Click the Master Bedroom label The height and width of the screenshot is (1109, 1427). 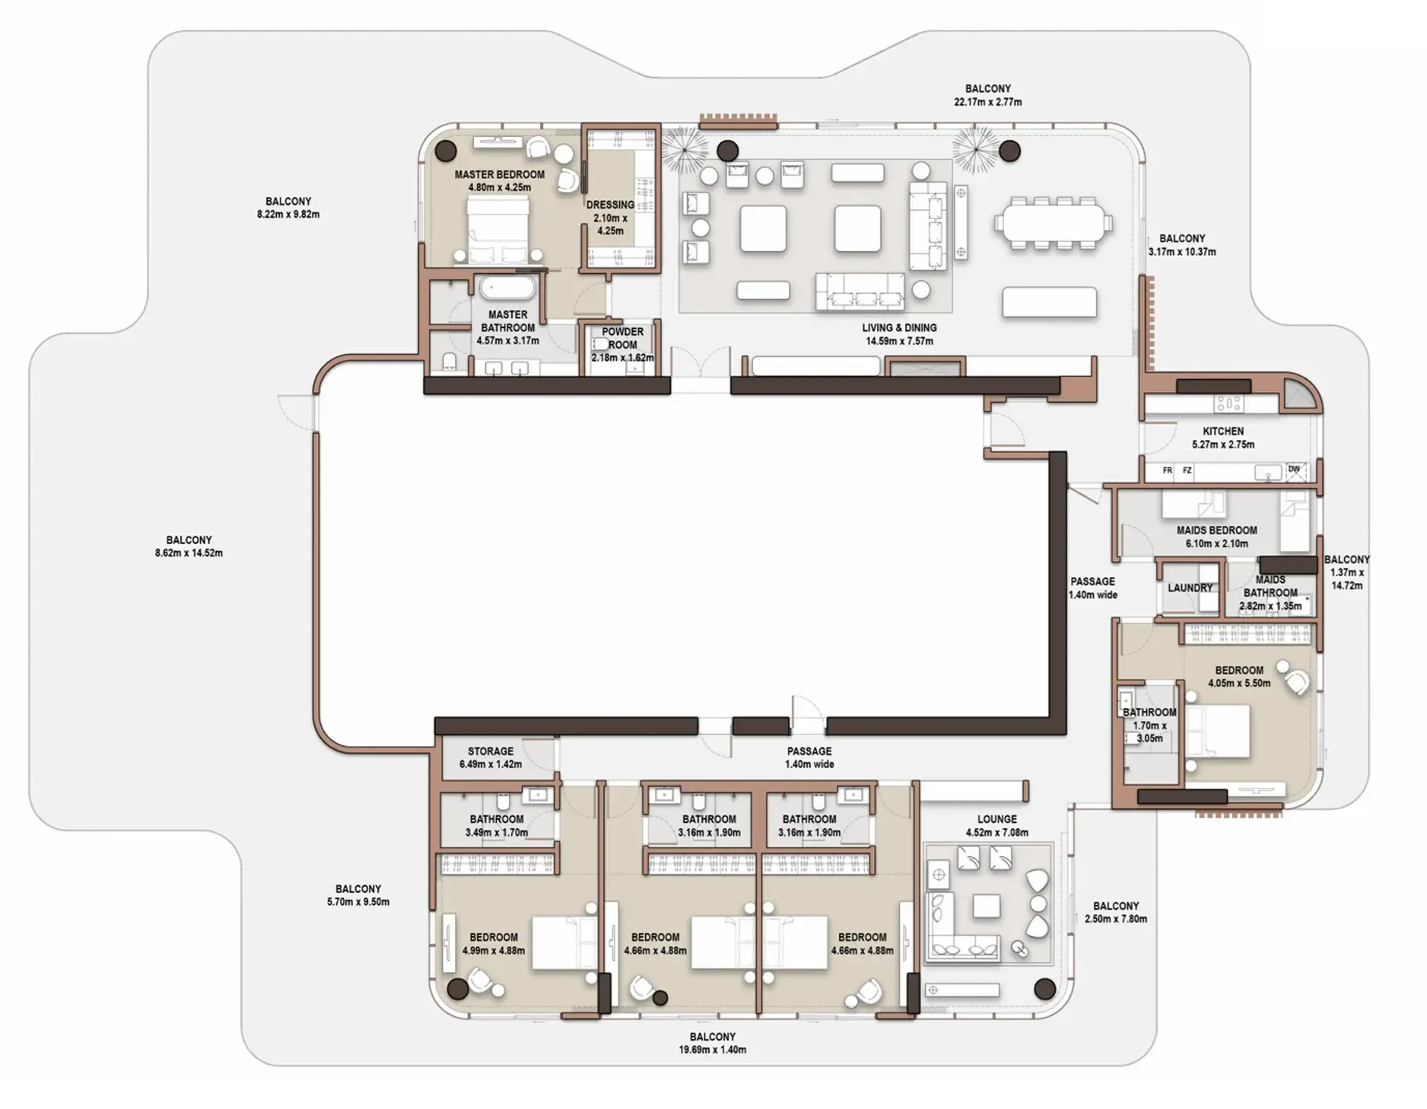click(499, 174)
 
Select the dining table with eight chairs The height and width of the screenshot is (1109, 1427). click(1053, 224)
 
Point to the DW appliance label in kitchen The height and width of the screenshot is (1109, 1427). click(1294, 470)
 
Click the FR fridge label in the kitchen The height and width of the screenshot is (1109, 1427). click(1167, 471)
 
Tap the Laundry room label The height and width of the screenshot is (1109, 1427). click(1190, 588)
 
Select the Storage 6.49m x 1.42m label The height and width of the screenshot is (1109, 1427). click(490, 757)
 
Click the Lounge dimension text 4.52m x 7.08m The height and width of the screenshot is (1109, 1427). click(996, 833)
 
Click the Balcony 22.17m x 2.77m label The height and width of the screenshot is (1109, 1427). click(987, 95)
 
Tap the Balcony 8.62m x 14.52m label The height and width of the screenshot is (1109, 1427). click(189, 547)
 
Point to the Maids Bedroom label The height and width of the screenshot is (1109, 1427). click(1216, 531)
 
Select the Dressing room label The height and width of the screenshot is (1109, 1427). click(610, 206)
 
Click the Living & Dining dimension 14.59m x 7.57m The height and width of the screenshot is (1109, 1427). click(899, 341)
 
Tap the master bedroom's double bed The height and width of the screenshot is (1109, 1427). click(497, 228)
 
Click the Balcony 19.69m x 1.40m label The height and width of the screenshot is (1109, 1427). click(712, 1043)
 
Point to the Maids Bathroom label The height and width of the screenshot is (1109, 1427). click(1270, 586)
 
